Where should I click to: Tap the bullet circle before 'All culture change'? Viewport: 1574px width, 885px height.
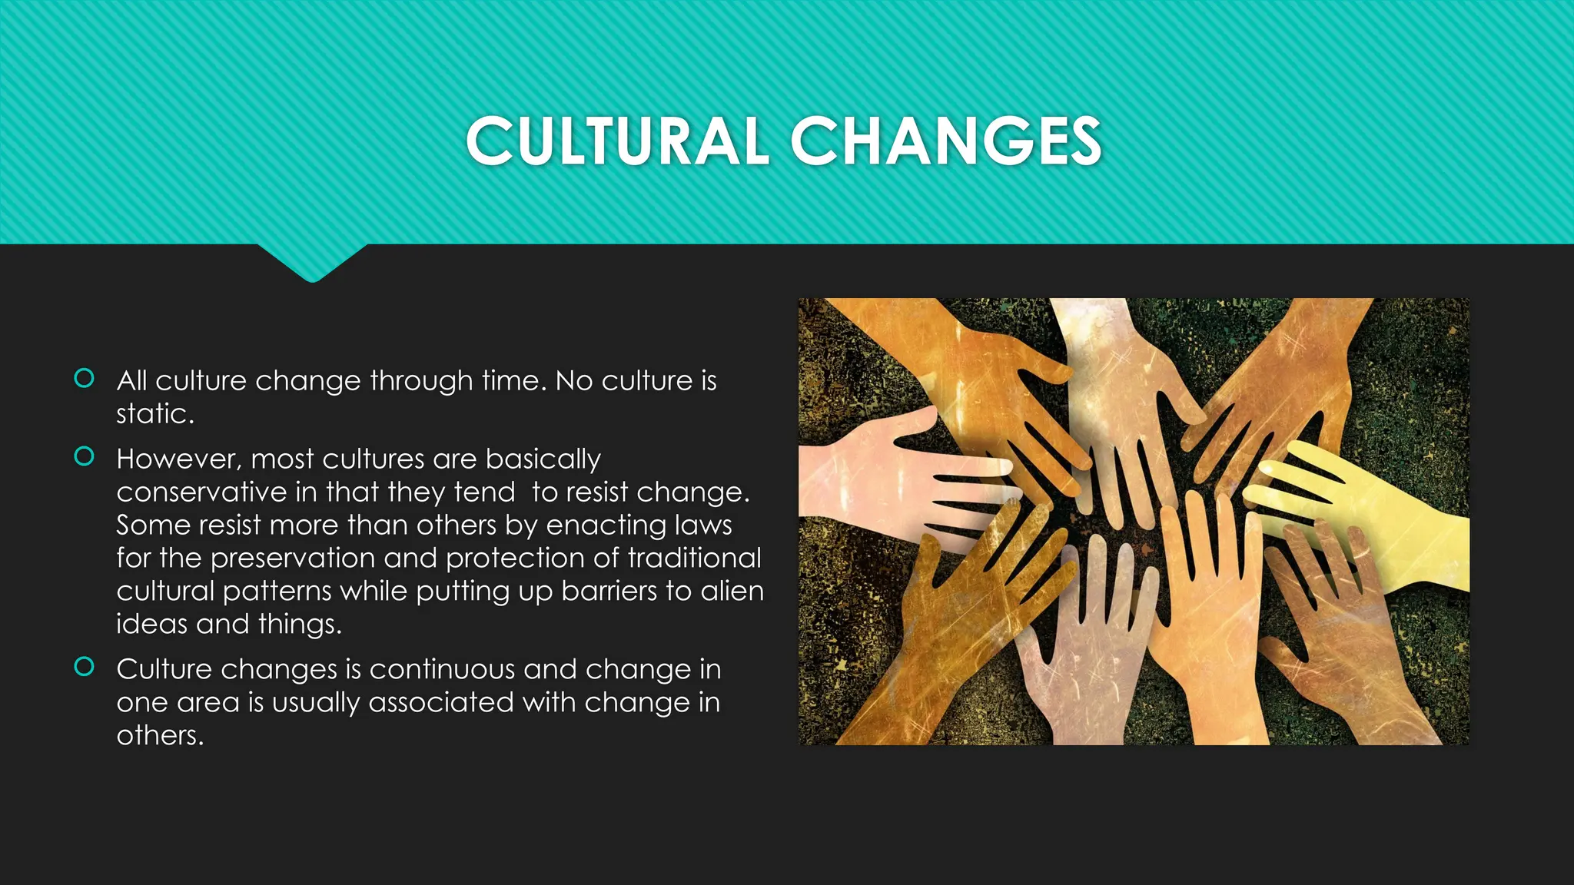(84, 378)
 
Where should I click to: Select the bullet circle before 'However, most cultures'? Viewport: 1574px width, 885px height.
(84, 456)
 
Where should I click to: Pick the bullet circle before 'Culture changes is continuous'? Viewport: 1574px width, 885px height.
(84, 666)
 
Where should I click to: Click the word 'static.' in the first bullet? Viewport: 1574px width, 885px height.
(155, 414)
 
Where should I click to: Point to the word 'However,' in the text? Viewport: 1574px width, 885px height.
(179, 459)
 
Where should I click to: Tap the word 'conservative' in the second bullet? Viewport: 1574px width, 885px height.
(201, 492)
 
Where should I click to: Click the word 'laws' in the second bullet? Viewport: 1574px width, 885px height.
(703, 525)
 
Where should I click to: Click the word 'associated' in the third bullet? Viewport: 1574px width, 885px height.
(440, 703)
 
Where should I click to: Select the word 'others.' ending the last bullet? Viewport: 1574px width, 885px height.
(160, 736)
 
